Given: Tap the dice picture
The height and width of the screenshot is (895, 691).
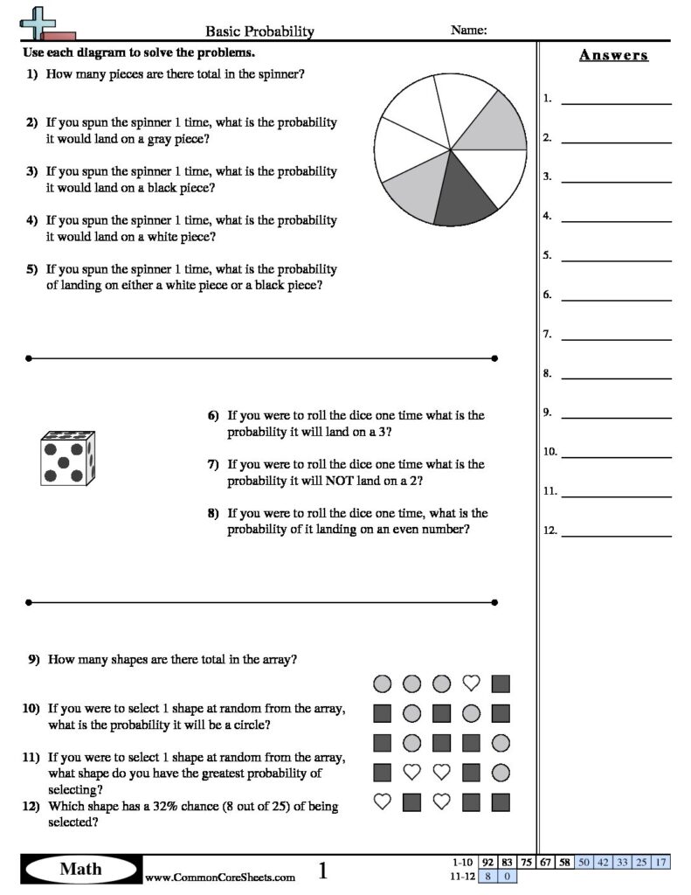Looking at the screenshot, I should [67, 458].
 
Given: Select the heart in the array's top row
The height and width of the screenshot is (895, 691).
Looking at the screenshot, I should [471, 683].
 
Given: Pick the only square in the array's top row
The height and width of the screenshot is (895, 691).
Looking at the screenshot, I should [501, 683].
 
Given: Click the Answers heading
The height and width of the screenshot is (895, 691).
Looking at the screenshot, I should [613, 55].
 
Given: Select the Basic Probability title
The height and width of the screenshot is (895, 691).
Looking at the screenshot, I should [259, 31].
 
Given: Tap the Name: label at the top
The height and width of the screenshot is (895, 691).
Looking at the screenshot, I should [468, 30].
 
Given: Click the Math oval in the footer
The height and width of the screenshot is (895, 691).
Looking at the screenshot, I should [80, 869].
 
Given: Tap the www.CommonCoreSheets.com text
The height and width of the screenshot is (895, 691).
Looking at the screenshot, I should [219, 878].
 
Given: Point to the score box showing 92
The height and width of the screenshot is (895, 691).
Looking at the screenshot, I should [487, 862].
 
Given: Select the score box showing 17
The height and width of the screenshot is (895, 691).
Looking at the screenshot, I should [660, 862].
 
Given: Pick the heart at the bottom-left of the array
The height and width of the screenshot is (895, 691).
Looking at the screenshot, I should [382, 801].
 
